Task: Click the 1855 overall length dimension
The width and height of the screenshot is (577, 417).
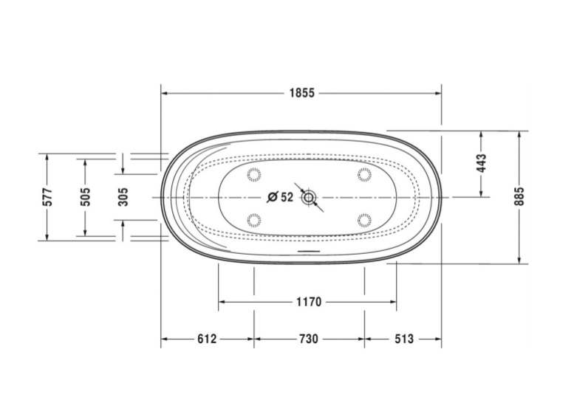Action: pyautogui.click(x=301, y=93)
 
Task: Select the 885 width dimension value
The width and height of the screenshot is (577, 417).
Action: pyautogui.click(x=519, y=196)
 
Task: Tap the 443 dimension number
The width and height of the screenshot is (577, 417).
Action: pyautogui.click(x=481, y=163)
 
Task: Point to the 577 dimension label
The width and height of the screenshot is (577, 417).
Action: pyautogui.click(x=47, y=197)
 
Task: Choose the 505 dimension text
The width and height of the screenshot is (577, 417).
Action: pyautogui.click(x=85, y=197)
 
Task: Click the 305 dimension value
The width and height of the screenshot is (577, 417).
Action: pyautogui.click(x=123, y=197)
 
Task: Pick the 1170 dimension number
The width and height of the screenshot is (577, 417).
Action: pyautogui.click(x=309, y=302)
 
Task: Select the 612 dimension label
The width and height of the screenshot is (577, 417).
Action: pyautogui.click(x=207, y=338)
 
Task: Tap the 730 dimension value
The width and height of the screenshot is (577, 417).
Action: pyautogui.click(x=308, y=338)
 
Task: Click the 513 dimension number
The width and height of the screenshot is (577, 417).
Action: pyautogui.click(x=404, y=338)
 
